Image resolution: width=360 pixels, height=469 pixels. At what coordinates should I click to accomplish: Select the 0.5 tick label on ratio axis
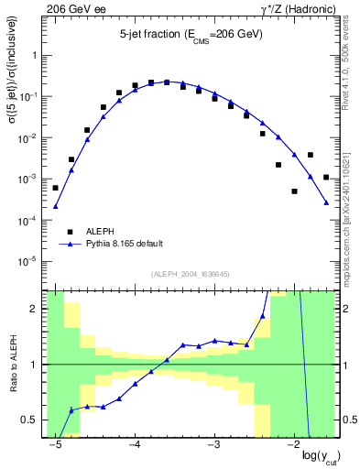(x=32, y=420)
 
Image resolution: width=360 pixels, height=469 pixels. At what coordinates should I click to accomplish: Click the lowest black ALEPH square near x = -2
(x=294, y=191)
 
